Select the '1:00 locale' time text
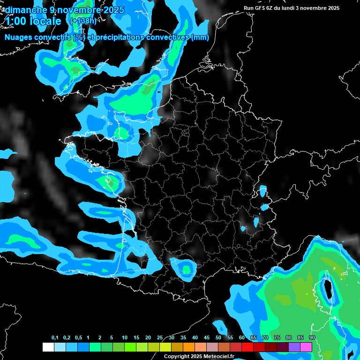click(33, 22)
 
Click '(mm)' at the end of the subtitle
click(200, 37)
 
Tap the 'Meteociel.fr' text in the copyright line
click(219, 356)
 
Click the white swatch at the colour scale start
click(48, 347)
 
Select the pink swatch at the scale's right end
click(306, 347)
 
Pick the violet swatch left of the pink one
click(294, 347)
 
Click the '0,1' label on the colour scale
click(55, 338)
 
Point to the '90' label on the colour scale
click(312, 338)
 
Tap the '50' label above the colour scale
click(218, 338)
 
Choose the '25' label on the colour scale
click(160, 338)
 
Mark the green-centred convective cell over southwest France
click(187, 269)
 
